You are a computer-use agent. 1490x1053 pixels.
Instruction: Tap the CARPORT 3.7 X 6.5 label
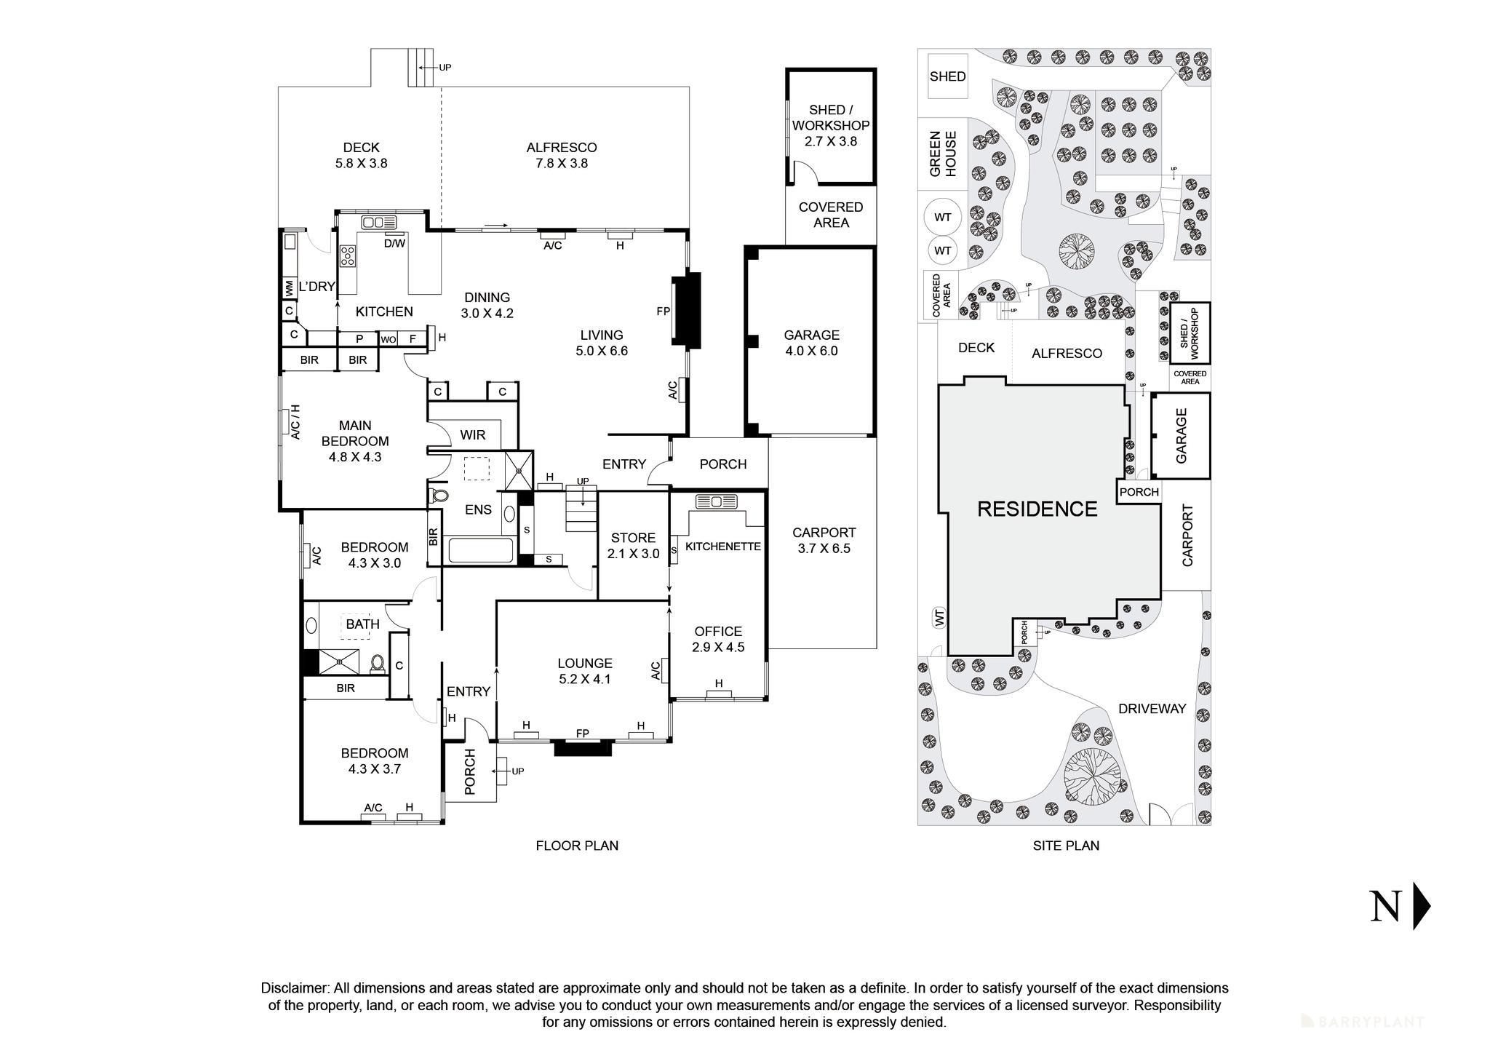point(824,540)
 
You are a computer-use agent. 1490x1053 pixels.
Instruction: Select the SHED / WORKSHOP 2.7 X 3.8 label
point(830,125)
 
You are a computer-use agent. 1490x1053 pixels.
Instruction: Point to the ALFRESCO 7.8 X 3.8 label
point(561,155)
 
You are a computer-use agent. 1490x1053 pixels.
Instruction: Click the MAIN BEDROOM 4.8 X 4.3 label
point(355,441)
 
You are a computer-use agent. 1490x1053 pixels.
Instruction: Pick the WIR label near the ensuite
point(472,435)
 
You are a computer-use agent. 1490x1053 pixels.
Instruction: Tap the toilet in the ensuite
point(439,496)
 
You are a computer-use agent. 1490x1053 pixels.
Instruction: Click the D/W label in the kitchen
point(394,243)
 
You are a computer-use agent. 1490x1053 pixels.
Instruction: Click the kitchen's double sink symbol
point(378,222)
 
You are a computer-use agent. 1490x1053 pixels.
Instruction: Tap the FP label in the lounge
point(582,734)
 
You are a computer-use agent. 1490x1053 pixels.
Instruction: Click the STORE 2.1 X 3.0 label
point(633,545)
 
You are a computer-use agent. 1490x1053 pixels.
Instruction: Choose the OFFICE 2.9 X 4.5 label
point(718,639)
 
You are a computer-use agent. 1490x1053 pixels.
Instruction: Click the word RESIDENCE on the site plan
point(1036,509)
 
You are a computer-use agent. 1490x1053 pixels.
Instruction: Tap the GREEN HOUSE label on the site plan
point(944,154)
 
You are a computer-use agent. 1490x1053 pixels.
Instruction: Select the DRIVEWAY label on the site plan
point(1152,709)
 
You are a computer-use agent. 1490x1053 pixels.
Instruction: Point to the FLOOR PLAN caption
point(576,846)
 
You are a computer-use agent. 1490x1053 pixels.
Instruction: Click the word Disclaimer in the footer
point(294,988)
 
